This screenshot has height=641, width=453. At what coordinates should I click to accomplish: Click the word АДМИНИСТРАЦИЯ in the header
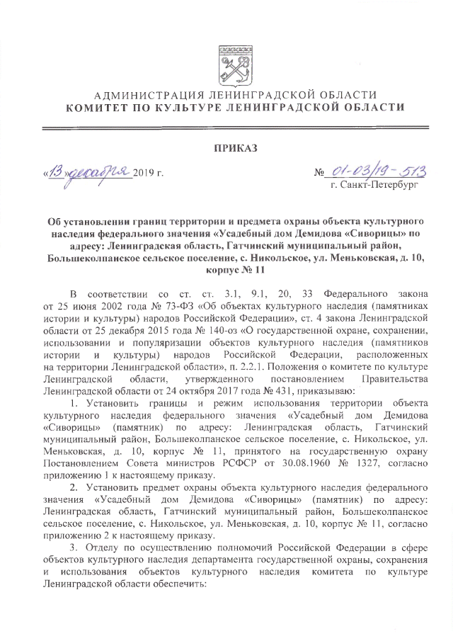[x=140, y=96]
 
